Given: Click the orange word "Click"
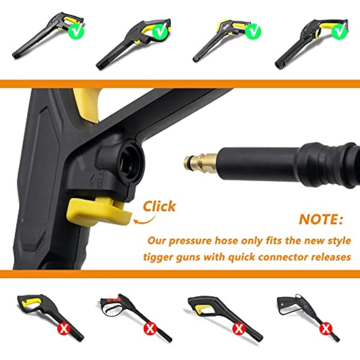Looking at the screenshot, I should point(159,207).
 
